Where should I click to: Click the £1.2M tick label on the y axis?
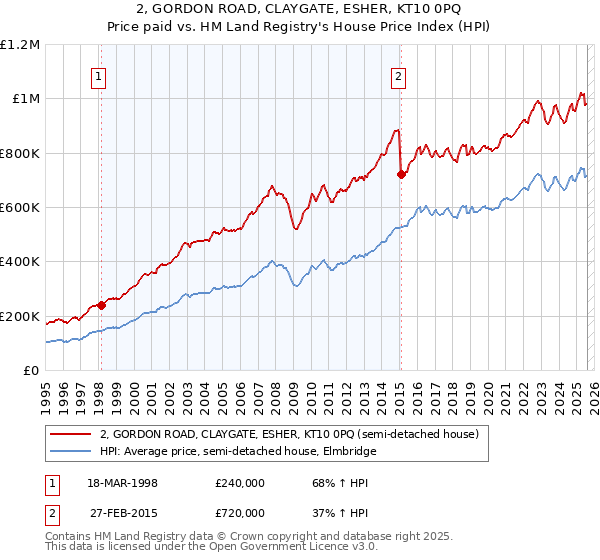[20, 44]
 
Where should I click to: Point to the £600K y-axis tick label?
[20, 208]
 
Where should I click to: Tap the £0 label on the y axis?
[32, 371]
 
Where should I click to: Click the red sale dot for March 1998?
[101, 306]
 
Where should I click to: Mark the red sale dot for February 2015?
[400, 175]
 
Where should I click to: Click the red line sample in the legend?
[70, 435]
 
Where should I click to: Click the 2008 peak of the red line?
[271, 185]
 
